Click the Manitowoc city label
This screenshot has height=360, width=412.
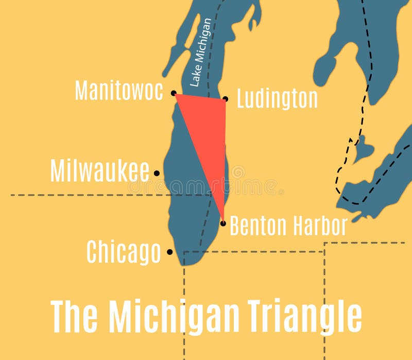click(119, 90)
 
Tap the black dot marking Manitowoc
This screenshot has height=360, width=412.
click(174, 93)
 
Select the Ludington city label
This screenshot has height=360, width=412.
click(277, 98)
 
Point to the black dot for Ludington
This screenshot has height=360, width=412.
click(225, 99)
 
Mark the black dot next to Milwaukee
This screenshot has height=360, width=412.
click(157, 174)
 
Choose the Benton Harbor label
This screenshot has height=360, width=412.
click(288, 226)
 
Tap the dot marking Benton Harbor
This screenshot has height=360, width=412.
click(223, 223)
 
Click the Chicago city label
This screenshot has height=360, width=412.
click(124, 252)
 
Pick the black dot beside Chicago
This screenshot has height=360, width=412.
click(169, 252)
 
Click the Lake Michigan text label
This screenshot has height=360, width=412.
click(200, 52)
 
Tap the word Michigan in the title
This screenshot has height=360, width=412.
click(176, 317)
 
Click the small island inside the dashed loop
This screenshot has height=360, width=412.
click(364, 148)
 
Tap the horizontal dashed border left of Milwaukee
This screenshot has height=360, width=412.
click(77, 195)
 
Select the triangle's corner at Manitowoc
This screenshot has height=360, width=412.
click(177, 95)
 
